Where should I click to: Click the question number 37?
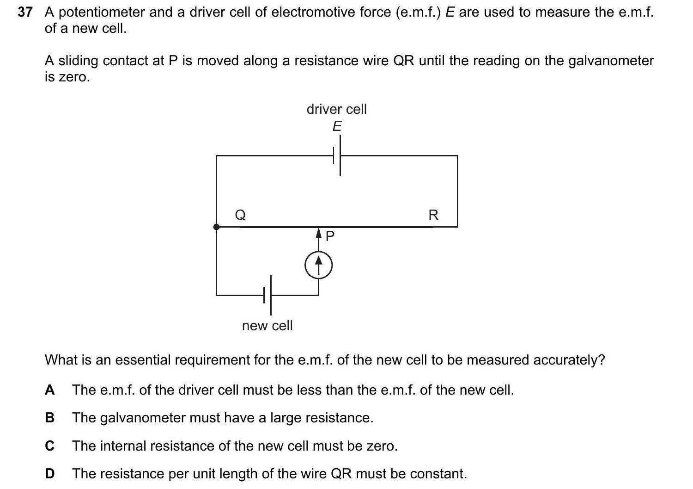click(x=24, y=12)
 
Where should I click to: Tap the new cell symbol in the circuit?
click(x=267, y=295)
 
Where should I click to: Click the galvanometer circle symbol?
click(x=318, y=266)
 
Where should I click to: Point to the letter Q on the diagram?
click(x=240, y=215)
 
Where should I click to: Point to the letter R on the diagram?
click(x=433, y=215)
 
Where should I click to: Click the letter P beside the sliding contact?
click(x=330, y=236)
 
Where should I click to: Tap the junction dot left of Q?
click(x=216, y=227)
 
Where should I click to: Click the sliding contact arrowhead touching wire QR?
click(x=318, y=232)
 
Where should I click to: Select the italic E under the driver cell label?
click(x=337, y=126)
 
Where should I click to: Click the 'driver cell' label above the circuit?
click(x=336, y=109)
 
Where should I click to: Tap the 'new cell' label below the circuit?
click(x=267, y=326)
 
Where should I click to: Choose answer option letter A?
click(x=49, y=390)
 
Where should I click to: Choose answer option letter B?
click(x=49, y=418)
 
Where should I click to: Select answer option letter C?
click(x=49, y=446)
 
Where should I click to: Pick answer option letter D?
click(x=49, y=474)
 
